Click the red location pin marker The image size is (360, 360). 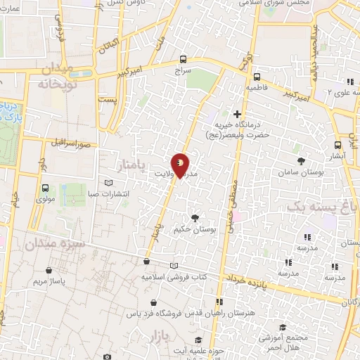[x=180, y=165]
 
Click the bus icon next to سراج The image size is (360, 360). [x=184, y=60]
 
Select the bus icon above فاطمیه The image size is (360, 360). [x=256, y=77]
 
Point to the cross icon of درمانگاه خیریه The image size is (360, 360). [x=237, y=114]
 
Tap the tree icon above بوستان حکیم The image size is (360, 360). [x=195, y=217]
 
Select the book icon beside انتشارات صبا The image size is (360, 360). [x=108, y=183]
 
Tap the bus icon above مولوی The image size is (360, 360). [x=46, y=188]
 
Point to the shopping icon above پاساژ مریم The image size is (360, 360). [x=48, y=269]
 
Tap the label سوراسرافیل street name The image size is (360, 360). [x=71, y=143]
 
